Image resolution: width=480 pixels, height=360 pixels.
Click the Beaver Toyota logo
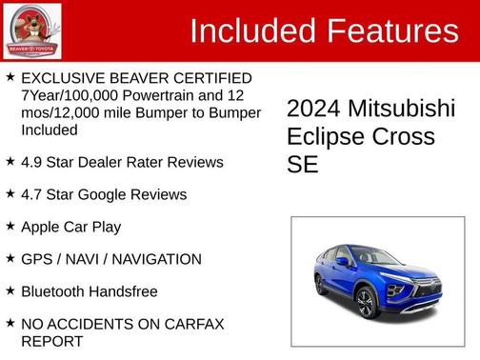tap(32, 30)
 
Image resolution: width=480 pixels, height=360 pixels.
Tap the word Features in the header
tap(393, 31)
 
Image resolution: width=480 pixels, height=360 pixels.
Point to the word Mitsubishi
tap(403, 109)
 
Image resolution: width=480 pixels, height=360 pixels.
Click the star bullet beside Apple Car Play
tap(10, 226)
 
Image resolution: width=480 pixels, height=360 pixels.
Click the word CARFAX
tap(192, 324)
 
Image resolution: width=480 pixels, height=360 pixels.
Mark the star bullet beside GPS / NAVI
tap(10, 258)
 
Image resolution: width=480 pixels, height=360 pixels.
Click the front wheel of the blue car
tap(367, 304)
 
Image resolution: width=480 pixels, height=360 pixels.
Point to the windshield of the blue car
tap(363, 255)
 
